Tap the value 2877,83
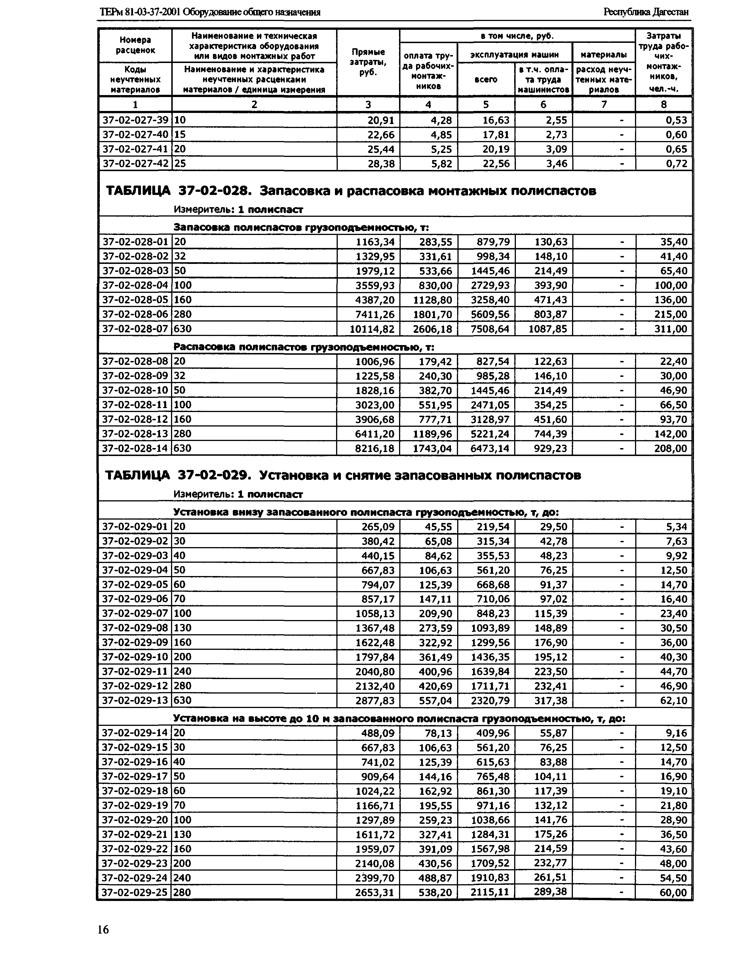point(374,701)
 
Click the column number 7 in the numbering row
point(604,104)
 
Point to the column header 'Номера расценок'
point(135,45)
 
